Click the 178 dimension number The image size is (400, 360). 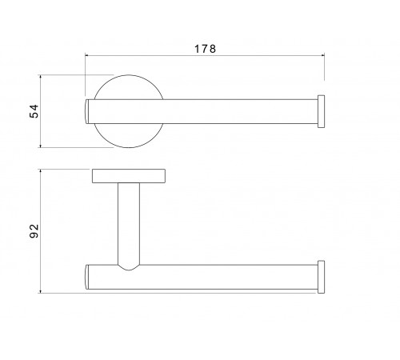205,49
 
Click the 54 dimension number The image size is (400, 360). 34,111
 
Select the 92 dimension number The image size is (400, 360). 34,231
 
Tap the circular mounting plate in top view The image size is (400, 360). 129,80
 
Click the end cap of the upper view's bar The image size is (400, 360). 321,111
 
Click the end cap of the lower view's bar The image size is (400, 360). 321,277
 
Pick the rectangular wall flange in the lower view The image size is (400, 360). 129,176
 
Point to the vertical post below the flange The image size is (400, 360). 129,224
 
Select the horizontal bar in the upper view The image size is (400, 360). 202,111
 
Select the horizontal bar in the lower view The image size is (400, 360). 202,277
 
